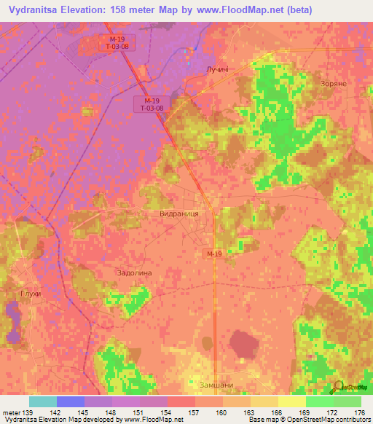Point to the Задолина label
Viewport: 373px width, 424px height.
tap(134, 272)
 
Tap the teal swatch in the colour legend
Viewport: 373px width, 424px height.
tap(42, 401)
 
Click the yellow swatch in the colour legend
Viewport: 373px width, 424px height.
tap(291, 401)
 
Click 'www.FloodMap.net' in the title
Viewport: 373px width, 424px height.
tap(243, 9)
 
